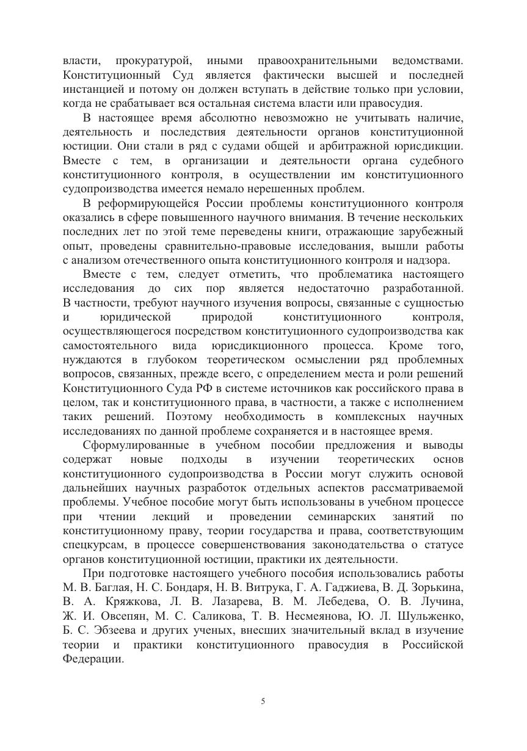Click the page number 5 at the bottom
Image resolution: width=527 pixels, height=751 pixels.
tap(263, 702)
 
